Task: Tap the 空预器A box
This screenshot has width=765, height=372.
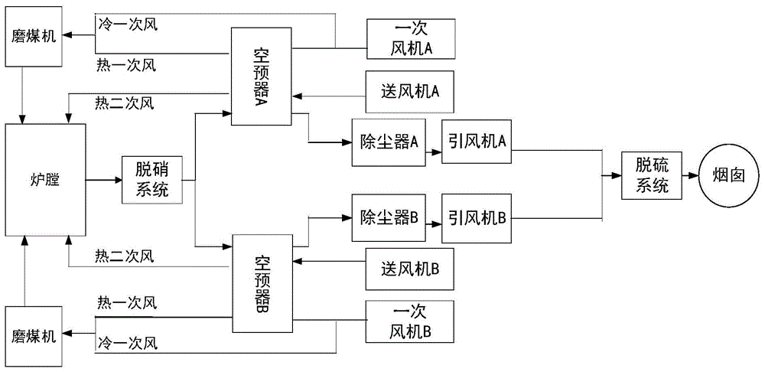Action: click(262, 77)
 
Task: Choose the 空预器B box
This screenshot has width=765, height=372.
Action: click(262, 283)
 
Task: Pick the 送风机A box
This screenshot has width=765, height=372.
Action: click(411, 91)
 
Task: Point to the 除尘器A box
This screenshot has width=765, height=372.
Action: click(388, 142)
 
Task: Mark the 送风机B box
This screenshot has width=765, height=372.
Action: click(411, 269)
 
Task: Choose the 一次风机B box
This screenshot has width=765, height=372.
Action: click(411, 321)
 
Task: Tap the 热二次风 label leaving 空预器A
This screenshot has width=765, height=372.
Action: click(125, 102)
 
